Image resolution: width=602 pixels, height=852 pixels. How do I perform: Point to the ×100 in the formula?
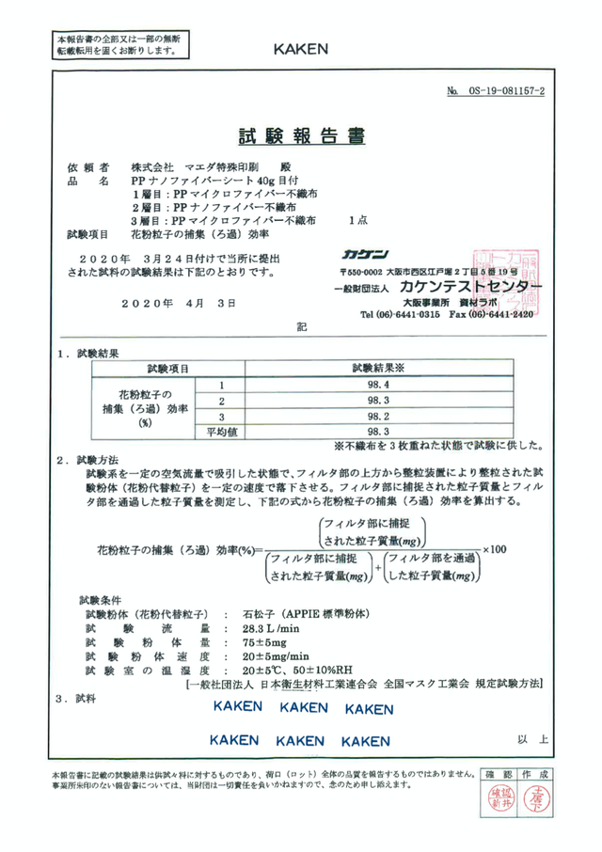click(493, 550)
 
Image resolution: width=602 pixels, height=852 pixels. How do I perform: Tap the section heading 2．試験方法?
click(87, 460)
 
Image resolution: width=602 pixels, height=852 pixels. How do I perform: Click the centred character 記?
click(302, 328)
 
